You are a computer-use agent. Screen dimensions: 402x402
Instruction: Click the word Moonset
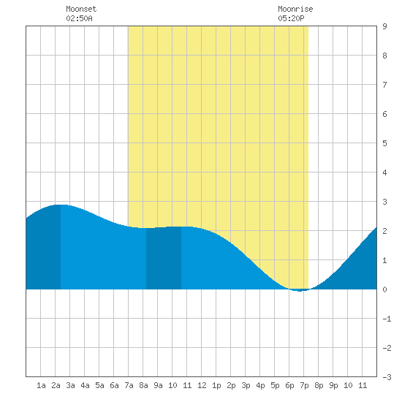(x=81, y=9)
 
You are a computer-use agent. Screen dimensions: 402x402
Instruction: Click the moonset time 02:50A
(x=79, y=18)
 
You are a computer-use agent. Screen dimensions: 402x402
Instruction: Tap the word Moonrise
(x=295, y=9)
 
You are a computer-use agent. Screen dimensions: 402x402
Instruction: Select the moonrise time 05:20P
(x=291, y=18)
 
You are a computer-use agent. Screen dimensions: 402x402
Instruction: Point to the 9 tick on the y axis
(x=384, y=26)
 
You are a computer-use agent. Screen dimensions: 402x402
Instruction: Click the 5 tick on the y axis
(x=384, y=143)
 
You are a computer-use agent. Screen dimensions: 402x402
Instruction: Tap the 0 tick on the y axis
(x=384, y=289)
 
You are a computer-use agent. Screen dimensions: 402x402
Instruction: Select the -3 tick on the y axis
(x=387, y=377)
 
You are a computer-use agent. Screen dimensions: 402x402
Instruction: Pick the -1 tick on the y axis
(x=387, y=319)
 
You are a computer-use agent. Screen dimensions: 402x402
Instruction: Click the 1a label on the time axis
(x=41, y=385)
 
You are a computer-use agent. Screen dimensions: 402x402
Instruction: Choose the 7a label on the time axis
(x=129, y=385)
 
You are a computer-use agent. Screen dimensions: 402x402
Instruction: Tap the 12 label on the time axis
(x=202, y=385)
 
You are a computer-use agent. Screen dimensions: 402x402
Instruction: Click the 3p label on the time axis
(x=246, y=385)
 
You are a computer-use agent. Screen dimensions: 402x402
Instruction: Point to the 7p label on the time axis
(x=304, y=385)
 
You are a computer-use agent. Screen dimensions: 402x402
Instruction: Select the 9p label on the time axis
(x=333, y=385)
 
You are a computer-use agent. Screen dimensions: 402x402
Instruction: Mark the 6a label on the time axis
(x=114, y=385)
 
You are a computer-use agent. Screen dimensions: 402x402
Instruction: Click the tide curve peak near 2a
(x=61, y=205)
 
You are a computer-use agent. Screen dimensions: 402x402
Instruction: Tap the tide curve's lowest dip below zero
(x=300, y=291)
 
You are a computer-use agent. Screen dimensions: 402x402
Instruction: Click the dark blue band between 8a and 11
(x=164, y=258)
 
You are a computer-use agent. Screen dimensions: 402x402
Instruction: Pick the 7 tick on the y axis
(x=384, y=85)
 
